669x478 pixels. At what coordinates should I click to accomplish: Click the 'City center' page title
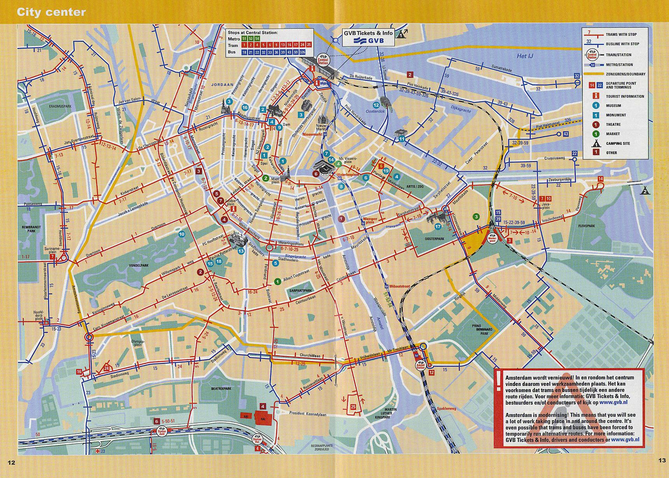(x=51, y=12)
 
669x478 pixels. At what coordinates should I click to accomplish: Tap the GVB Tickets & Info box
(x=368, y=37)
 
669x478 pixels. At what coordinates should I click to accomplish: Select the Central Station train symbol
(x=323, y=58)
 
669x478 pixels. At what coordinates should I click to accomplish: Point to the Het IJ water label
(x=524, y=56)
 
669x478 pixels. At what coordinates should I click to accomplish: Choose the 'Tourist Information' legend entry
(x=625, y=96)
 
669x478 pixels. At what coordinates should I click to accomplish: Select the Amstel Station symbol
(x=420, y=365)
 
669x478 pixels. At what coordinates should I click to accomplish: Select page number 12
(x=11, y=462)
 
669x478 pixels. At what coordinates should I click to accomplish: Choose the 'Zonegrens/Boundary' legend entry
(x=625, y=74)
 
